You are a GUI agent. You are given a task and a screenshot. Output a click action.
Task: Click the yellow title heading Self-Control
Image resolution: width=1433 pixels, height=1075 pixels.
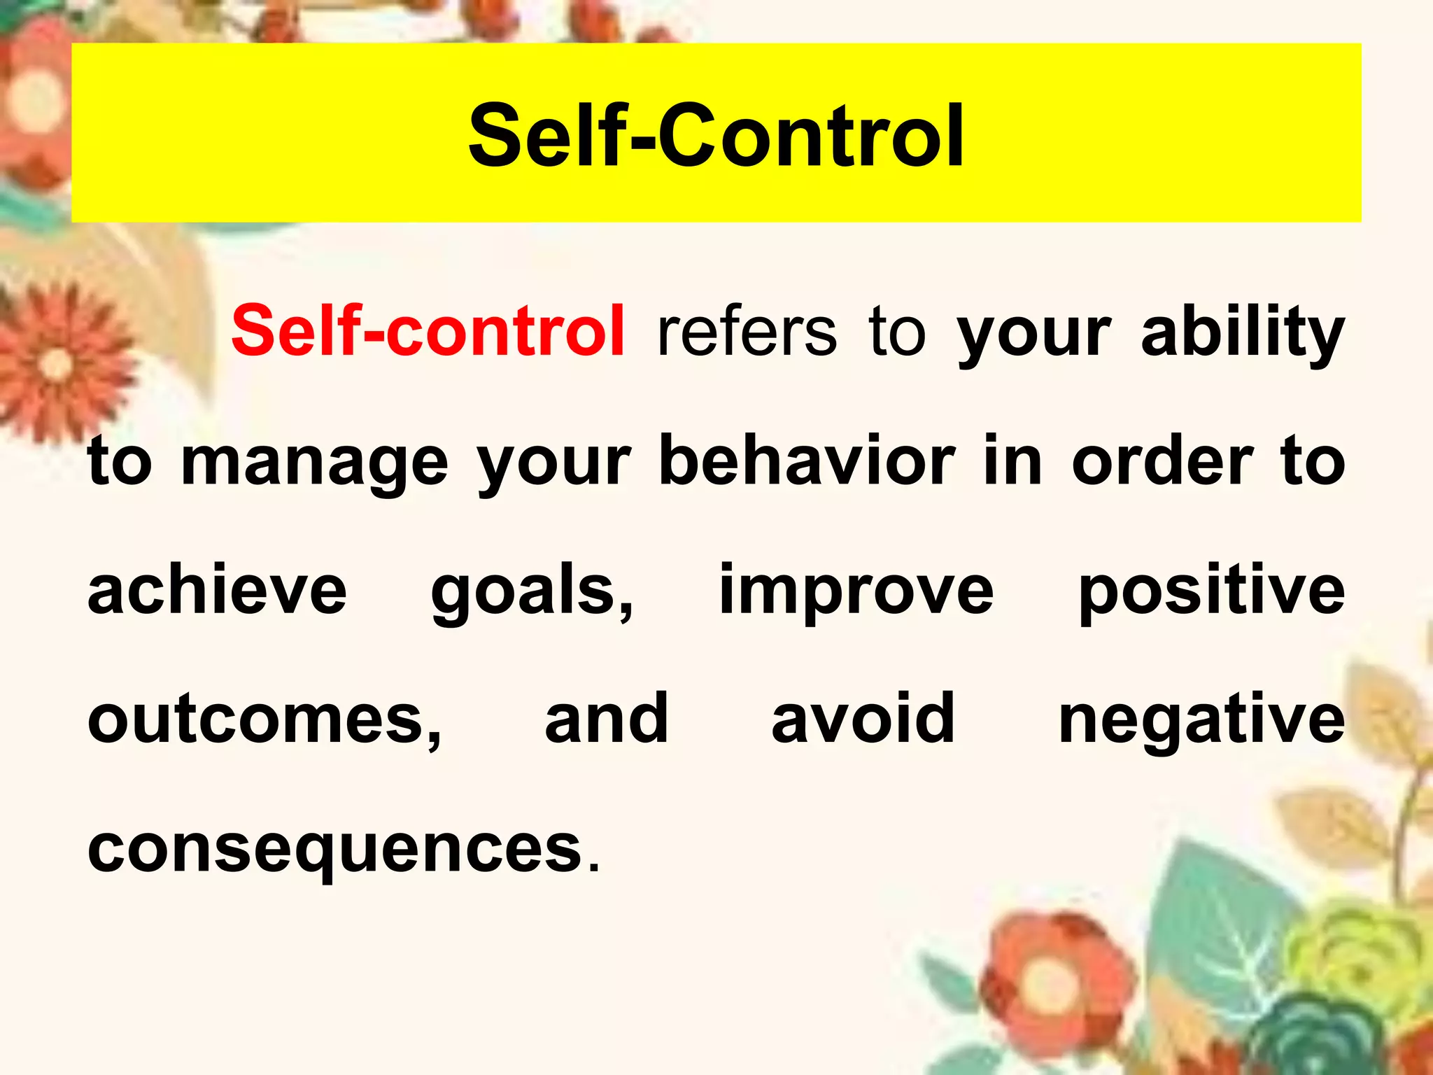[x=716, y=135]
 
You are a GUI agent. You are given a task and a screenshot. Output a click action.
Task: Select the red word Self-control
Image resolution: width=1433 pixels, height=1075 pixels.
[x=428, y=331]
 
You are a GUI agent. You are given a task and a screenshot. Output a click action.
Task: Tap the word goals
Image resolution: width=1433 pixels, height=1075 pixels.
[x=532, y=591]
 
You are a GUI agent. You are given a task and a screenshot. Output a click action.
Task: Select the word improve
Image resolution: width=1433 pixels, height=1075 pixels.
[x=856, y=591]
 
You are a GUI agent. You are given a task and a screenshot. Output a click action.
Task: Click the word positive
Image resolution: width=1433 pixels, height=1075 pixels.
[x=1211, y=591]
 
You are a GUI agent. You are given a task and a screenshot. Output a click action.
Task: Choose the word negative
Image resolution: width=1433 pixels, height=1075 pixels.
[x=1201, y=721]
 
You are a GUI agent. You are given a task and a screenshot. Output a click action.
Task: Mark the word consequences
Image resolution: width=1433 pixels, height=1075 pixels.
[x=335, y=850]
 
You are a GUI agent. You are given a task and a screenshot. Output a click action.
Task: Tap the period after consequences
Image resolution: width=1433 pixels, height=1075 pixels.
[x=594, y=868]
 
